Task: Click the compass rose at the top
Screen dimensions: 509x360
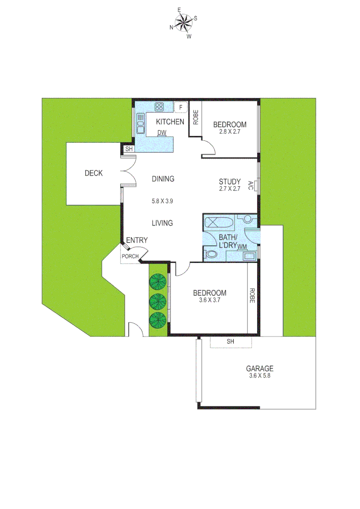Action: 183,21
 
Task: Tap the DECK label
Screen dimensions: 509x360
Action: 93,173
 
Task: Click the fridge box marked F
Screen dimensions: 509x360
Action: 180,107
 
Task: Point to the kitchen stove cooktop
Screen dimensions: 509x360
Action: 159,107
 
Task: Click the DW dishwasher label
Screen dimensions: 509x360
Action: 162,132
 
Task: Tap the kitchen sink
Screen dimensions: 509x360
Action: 140,123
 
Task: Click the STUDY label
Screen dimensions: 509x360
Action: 230,181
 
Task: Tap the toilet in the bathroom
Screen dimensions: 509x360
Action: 211,255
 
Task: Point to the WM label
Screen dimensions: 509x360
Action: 243,246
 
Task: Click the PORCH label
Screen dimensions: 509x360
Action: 130,256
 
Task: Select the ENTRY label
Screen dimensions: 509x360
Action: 137,240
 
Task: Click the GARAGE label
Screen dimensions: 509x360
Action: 260,369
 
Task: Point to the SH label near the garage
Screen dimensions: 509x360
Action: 230,341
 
